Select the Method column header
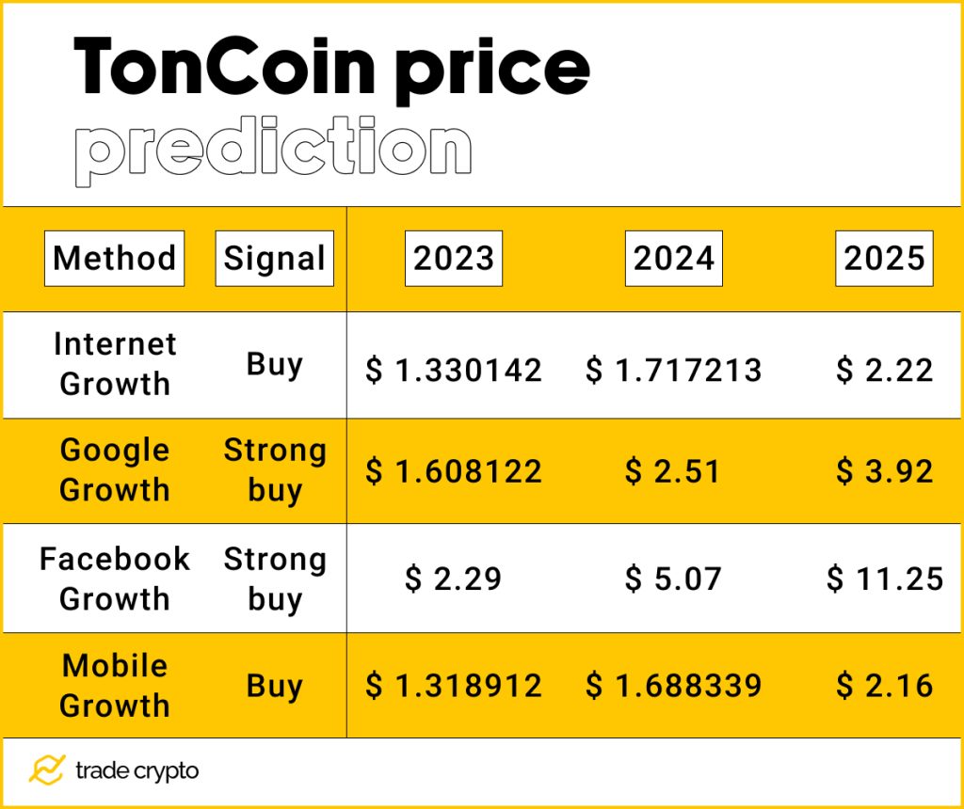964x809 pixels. click(115, 258)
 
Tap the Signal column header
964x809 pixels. click(274, 258)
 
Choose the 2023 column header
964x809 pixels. click(454, 258)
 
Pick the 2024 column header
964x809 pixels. click(674, 258)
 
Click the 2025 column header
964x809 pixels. click(884, 258)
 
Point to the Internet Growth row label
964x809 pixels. click(115, 364)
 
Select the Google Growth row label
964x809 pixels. click(115, 470)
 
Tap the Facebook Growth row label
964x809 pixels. click(115, 579)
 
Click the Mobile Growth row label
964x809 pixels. click(115, 685)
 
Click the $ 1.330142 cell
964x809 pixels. click(454, 371)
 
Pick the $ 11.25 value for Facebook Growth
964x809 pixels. click(885, 579)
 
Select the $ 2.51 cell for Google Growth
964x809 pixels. click(673, 471)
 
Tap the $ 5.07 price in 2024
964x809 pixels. click(673, 579)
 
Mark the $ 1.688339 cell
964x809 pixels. click(673, 686)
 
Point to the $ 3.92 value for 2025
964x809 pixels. click(885, 471)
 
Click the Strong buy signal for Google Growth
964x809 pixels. click(274, 470)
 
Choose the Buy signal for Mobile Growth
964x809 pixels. click(274, 686)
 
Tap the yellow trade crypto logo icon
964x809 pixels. click(46, 770)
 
